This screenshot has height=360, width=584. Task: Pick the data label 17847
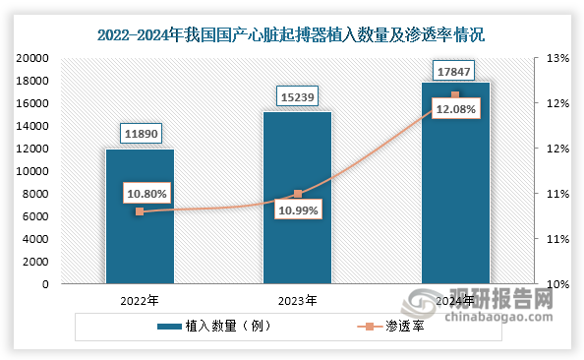(454, 70)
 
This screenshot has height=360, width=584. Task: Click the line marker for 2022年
(140, 211)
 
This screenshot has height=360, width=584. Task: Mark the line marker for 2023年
(297, 194)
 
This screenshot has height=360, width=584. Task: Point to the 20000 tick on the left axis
(32, 58)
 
